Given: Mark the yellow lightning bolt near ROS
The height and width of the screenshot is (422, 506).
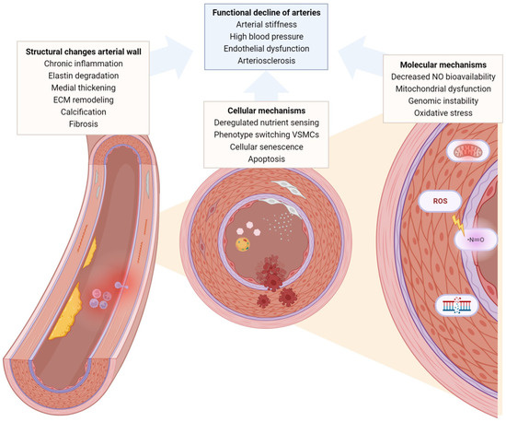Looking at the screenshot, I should pos(455,221).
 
